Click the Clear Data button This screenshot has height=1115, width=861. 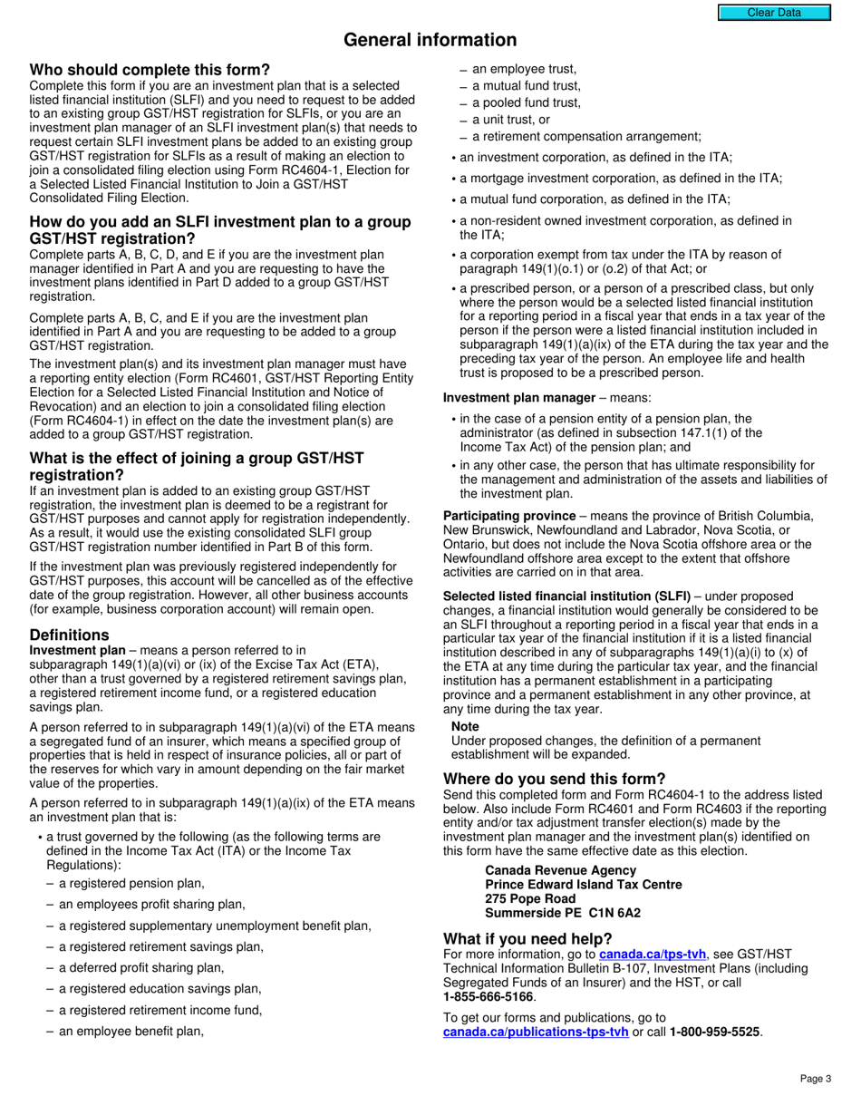[x=773, y=13]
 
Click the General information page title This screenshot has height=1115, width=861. [x=430, y=40]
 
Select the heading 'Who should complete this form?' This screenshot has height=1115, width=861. [x=150, y=71]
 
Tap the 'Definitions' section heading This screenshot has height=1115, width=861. [x=69, y=635]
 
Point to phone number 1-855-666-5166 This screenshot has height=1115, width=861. [x=489, y=996]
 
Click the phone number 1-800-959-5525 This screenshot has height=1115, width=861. [x=714, y=1032]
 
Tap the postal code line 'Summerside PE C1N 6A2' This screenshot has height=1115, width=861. [x=563, y=913]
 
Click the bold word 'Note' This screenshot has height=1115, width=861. [x=465, y=727]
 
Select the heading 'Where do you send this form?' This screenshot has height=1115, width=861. [x=554, y=779]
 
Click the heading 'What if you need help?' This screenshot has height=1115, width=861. [x=527, y=938]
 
